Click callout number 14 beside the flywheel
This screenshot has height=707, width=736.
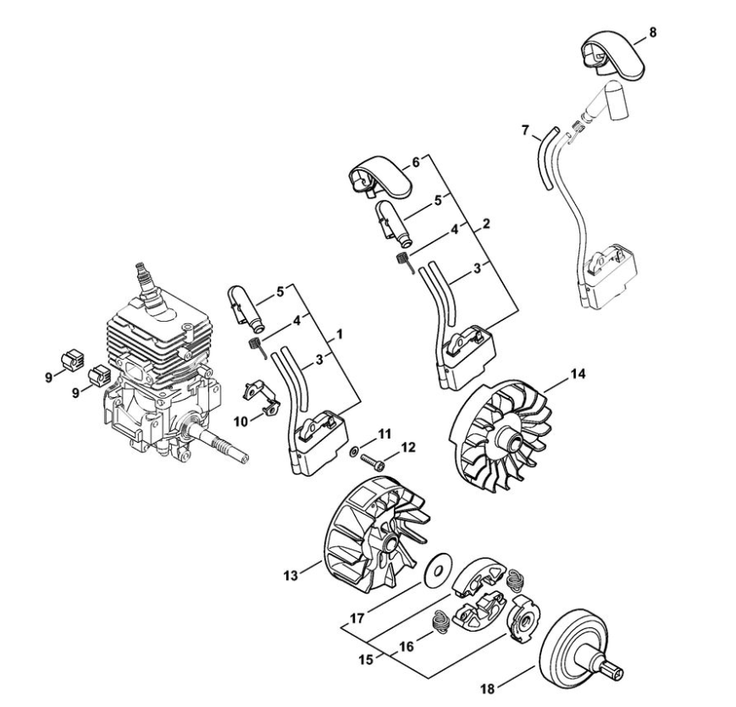click(x=578, y=374)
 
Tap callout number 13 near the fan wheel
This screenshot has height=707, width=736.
click(x=291, y=575)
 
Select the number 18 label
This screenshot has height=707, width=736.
click(x=488, y=689)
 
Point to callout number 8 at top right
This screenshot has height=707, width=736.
click(x=652, y=32)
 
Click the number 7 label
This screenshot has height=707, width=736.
click(x=525, y=130)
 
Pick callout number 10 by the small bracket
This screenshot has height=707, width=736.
click(x=241, y=422)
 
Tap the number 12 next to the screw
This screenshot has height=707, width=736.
click(x=408, y=447)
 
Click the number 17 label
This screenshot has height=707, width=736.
click(x=357, y=618)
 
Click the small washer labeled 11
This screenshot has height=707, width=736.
click(x=353, y=451)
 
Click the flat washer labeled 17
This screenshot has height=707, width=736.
click(x=438, y=571)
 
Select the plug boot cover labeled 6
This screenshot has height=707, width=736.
click(x=379, y=180)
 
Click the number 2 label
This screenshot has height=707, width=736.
click(x=486, y=224)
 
